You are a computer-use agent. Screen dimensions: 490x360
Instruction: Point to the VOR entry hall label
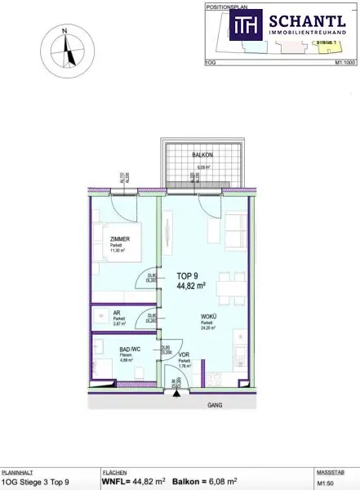[x=184, y=355]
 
